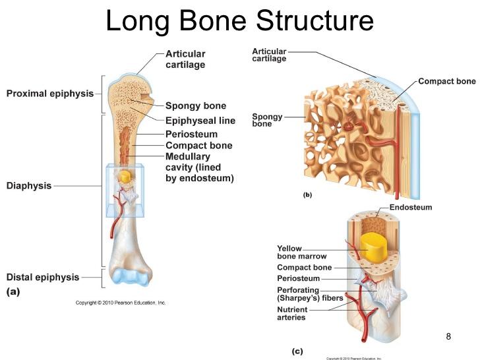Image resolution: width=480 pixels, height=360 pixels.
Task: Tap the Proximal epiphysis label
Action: [x=50, y=94]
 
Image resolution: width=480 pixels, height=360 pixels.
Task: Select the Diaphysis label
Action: [x=29, y=186]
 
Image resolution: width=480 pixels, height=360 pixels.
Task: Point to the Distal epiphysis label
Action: [x=43, y=277]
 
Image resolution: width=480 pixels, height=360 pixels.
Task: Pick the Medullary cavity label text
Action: [x=199, y=167]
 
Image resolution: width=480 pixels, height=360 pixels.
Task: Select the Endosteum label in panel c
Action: [x=410, y=207]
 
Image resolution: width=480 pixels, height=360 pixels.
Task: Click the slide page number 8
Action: [x=449, y=337]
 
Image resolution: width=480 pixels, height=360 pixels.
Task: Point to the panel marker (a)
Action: [x=13, y=291]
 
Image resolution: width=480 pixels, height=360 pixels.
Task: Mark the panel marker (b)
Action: [x=307, y=195]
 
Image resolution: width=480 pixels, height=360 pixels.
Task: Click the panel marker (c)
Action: [x=297, y=351]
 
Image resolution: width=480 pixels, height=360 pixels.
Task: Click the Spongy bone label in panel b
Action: [x=267, y=120]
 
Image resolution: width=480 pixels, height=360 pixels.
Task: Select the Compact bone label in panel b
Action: [x=446, y=81]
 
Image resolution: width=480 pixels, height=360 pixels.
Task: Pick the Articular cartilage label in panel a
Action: [x=185, y=59]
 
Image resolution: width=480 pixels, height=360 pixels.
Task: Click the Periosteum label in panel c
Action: [x=298, y=278]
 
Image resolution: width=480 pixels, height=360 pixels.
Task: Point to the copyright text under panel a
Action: [x=121, y=303]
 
